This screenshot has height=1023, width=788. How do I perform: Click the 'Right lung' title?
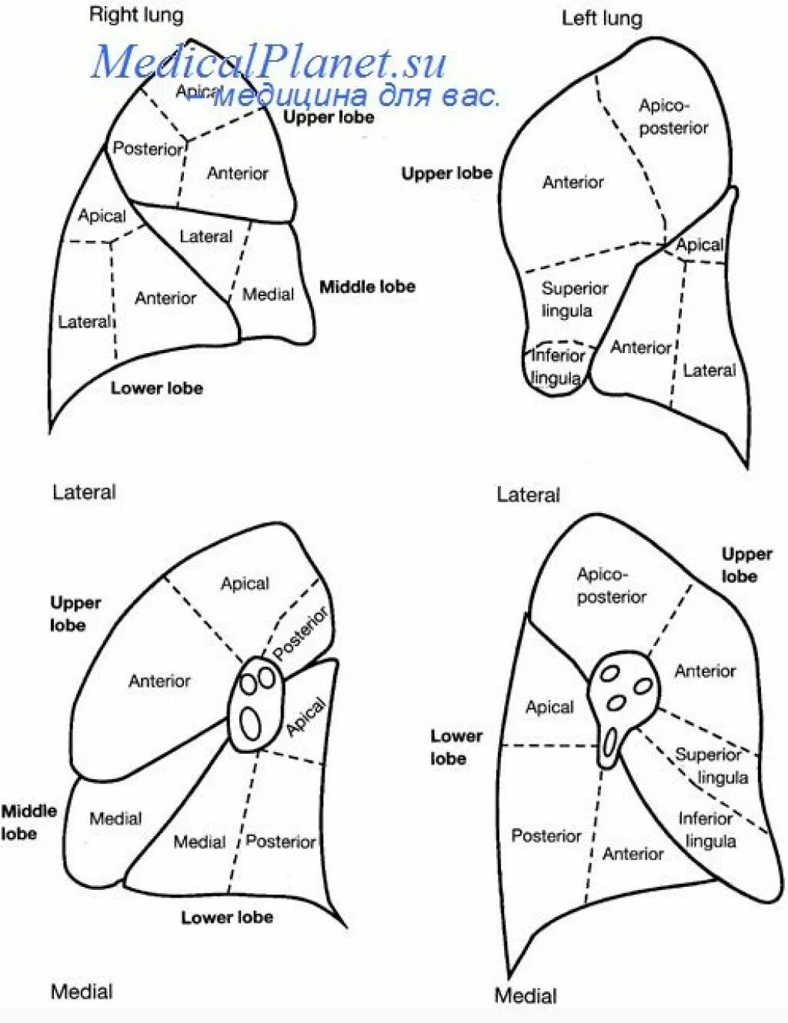136,15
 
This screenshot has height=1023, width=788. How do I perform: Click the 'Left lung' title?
601,18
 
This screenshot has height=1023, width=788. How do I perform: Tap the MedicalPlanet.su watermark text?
269,62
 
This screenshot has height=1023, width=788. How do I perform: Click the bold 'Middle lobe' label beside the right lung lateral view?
367,287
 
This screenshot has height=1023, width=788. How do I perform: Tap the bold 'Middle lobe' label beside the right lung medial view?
28,822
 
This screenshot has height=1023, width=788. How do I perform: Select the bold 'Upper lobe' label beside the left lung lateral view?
446,174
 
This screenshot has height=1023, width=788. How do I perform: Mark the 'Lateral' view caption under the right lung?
84,492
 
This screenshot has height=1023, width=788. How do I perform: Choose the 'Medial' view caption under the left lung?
525,995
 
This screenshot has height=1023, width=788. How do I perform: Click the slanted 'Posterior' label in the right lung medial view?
301,633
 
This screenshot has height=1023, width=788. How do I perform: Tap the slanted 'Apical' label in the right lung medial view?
306,718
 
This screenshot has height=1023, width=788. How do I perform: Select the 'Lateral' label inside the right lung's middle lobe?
205,237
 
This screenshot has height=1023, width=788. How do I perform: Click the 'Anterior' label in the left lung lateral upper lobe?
573,182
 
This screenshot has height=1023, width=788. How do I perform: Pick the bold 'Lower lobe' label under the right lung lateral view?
156,388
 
